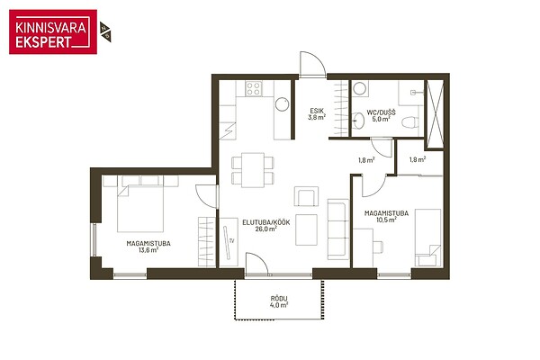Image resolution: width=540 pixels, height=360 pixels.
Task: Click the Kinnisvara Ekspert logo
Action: [x=53, y=31]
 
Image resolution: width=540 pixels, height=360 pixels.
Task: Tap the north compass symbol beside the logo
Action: [x=105, y=32]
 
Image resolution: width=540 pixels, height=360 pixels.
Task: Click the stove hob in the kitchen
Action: [x=254, y=88]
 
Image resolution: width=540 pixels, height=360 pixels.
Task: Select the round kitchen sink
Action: [x=282, y=104]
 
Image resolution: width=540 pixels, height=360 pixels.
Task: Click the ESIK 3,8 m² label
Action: [x=317, y=114]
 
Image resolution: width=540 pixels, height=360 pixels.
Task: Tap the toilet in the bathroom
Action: [x=410, y=122]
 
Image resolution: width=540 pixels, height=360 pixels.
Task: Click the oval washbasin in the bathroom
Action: [x=358, y=121]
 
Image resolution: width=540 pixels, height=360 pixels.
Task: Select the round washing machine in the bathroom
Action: [x=360, y=88]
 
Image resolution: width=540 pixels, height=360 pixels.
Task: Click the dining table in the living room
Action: [x=253, y=170]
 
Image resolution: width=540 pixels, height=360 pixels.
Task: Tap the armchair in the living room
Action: [x=306, y=196]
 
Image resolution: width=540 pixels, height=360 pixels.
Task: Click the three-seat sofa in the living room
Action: [x=338, y=229]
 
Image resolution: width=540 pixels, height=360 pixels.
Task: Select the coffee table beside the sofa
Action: [x=306, y=229]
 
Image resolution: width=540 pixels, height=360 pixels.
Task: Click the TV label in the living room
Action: [x=232, y=241]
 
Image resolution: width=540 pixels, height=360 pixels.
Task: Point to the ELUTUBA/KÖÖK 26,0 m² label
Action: [x=266, y=225]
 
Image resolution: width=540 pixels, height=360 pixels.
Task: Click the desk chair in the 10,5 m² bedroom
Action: [x=378, y=247]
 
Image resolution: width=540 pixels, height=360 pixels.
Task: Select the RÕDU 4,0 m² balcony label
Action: [x=279, y=301]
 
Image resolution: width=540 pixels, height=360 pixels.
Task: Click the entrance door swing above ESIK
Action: [x=311, y=64]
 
